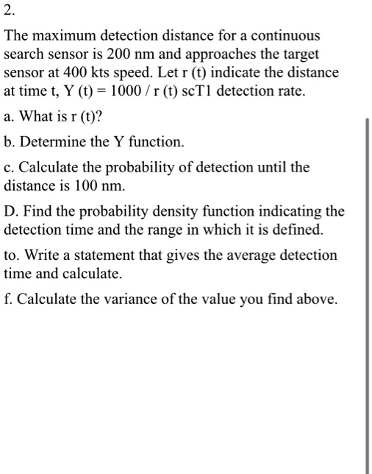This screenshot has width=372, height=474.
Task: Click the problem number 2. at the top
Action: (9, 10)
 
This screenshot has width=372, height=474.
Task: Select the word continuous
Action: (285, 35)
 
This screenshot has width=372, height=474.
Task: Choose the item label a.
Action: (8, 117)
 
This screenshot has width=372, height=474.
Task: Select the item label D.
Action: (10, 212)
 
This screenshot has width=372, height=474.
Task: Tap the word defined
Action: (299, 230)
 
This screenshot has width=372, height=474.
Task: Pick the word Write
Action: (37, 255)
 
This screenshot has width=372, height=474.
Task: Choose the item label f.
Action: (7, 299)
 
